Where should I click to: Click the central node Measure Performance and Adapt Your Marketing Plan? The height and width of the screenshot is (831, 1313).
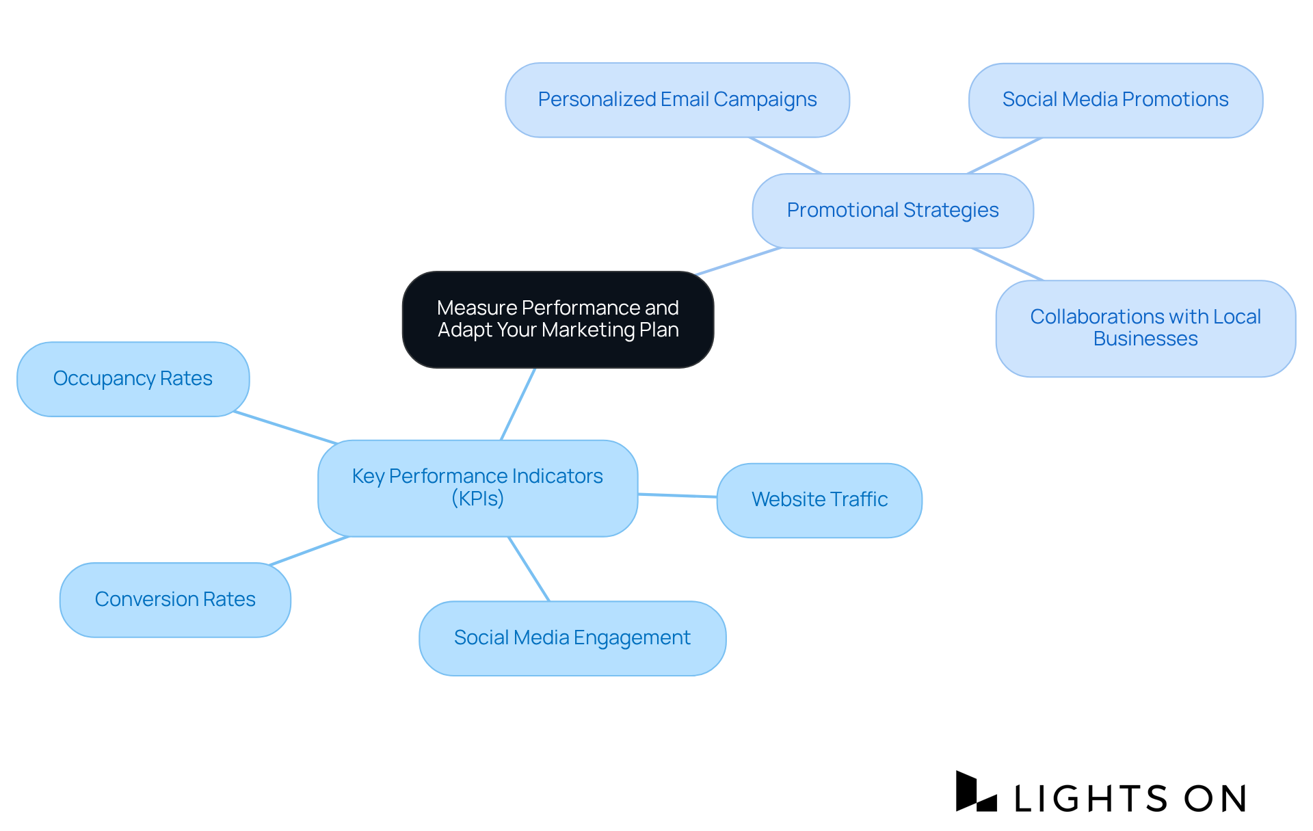[x=558, y=319]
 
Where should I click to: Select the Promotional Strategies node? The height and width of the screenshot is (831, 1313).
[x=892, y=211]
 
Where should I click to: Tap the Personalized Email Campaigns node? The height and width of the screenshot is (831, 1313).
[x=677, y=100]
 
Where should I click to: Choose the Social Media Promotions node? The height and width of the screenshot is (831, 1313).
[x=1115, y=100]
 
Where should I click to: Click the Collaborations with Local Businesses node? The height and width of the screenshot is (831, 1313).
[x=1145, y=328]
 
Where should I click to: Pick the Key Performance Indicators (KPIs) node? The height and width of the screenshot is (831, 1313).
[x=477, y=488]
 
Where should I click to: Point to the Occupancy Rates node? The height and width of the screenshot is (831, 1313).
[x=133, y=379]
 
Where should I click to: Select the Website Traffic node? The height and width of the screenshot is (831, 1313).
[x=819, y=500]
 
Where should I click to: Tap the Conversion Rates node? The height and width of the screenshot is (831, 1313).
[x=175, y=600]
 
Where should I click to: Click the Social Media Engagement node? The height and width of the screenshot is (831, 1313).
[x=572, y=638]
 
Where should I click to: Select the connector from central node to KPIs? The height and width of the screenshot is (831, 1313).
[x=518, y=404]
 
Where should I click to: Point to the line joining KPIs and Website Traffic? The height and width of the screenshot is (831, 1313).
[x=677, y=495]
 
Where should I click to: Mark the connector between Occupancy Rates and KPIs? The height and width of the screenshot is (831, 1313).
[x=286, y=428]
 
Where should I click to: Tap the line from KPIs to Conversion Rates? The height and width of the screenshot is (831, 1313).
[x=309, y=551]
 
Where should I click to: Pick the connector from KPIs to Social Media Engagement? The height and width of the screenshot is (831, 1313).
[x=529, y=569]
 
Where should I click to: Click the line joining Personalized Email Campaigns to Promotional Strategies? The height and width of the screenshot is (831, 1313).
[x=785, y=155]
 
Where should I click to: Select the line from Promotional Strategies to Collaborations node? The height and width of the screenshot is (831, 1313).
[x=1007, y=264]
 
